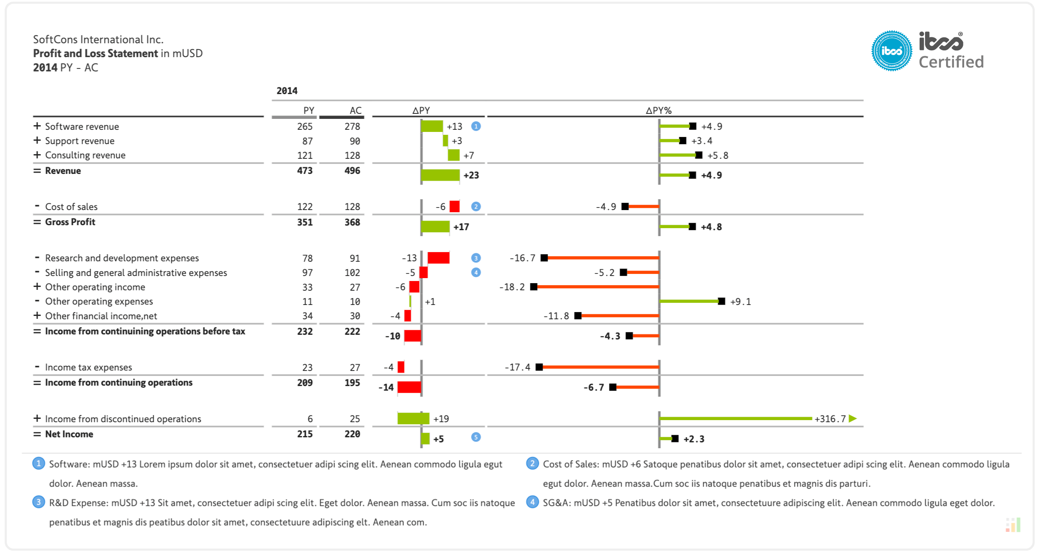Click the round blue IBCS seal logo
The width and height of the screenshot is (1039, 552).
(x=891, y=51)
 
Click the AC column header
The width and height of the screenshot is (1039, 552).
(x=355, y=110)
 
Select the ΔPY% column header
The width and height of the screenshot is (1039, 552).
(x=658, y=110)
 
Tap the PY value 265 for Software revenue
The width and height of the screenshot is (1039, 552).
(x=305, y=126)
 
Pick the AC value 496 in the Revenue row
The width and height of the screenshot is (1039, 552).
(x=352, y=171)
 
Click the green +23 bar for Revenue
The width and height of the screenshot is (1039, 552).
(x=440, y=175)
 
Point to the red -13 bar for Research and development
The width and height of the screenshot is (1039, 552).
(x=439, y=258)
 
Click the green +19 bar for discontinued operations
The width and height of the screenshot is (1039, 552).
(x=413, y=418)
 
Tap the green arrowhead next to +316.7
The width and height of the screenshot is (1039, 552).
(x=852, y=418)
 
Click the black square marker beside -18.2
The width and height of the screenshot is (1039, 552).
(x=534, y=287)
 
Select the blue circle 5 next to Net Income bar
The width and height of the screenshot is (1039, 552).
(x=476, y=437)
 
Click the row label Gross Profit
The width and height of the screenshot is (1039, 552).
(x=70, y=222)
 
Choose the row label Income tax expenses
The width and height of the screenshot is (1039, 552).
(x=88, y=368)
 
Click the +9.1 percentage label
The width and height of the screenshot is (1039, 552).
(x=740, y=302)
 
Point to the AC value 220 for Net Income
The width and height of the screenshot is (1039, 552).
(x=352, y=434)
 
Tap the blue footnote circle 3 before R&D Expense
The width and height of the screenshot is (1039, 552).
(x=39, y=502)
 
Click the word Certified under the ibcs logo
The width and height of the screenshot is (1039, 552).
(x=951, y=62)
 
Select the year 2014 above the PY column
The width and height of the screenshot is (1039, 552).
(x=287, y=91)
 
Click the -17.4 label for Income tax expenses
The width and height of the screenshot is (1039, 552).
(x=517, y=368)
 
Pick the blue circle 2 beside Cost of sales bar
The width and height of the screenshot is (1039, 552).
(x=476, y=206)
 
